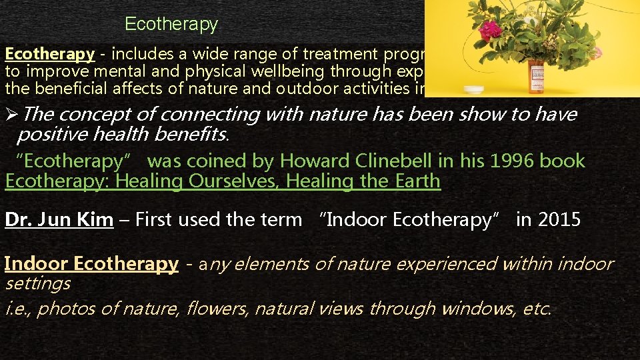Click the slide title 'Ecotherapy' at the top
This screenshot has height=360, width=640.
tap(171, 25)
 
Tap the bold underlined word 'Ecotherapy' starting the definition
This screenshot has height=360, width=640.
tap(50, 55)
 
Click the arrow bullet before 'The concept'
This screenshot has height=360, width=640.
tap(11, 115)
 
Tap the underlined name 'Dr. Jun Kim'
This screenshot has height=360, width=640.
tap(59, 221)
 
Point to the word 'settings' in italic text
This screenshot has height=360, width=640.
tap(37, 283)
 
